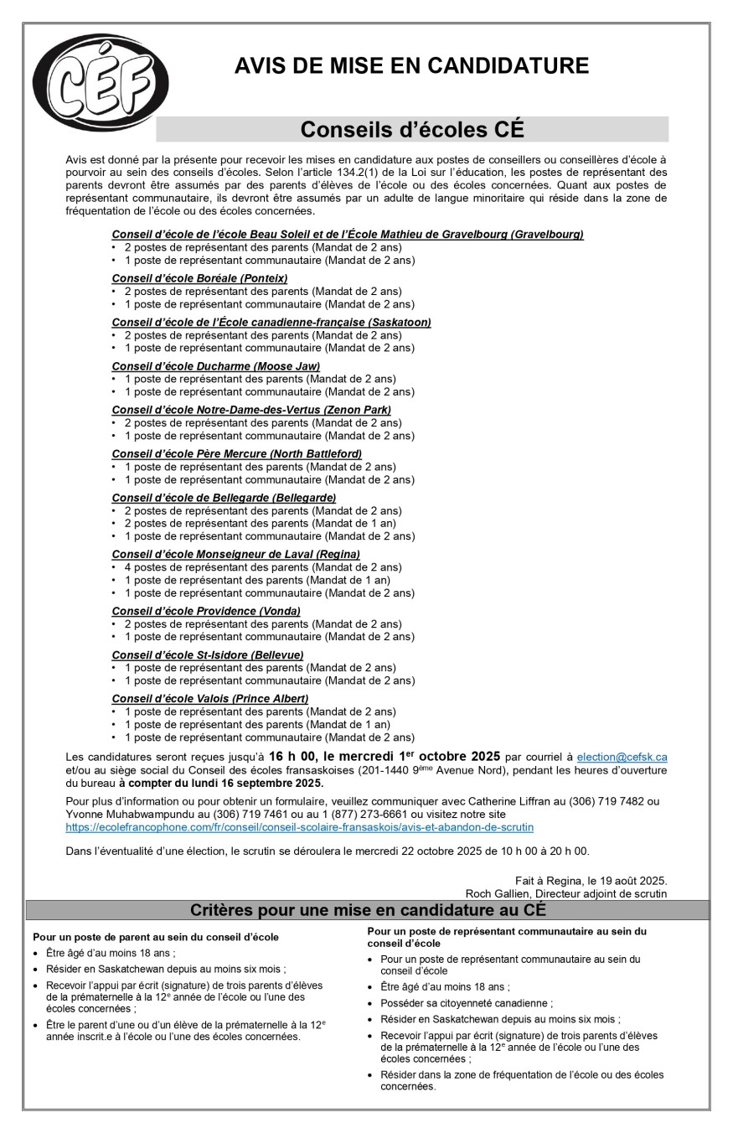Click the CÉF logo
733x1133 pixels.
(101, 83)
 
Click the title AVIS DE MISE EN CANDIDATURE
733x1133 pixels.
(411, 65)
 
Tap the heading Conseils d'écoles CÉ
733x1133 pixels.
(411, 130)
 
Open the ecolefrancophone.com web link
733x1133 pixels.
(299, 827)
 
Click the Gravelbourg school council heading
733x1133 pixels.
(347, 235)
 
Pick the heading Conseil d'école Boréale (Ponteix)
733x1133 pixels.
(199, 278)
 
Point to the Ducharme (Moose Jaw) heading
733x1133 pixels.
(215, 366)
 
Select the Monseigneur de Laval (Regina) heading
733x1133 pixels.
(235, 554)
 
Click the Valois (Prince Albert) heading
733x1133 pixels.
(209, 699)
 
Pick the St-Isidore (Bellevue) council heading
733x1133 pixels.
(207, 654)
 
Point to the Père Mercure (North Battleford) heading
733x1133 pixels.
(236, 453)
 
